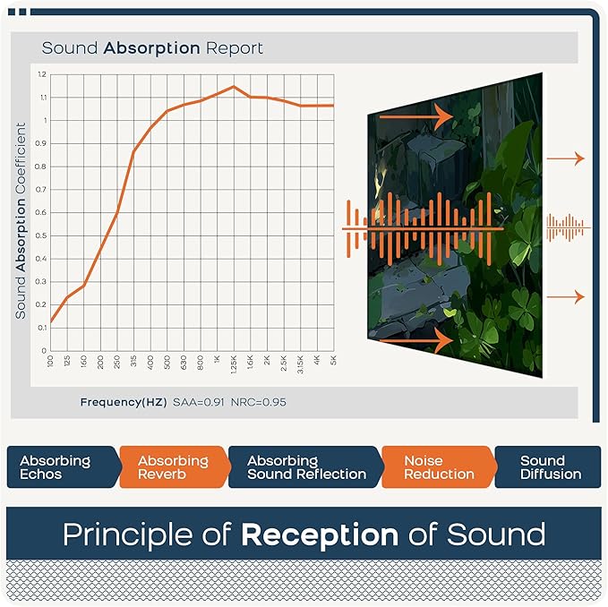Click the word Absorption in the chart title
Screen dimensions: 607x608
coord(151,47)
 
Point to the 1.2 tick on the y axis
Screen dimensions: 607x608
coord(42,73)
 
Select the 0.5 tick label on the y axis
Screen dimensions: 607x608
coord(42,235)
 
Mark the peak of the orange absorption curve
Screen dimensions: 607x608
coord(233,87)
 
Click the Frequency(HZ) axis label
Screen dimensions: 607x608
coord(122,402)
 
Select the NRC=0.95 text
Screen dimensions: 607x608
coord(259,402)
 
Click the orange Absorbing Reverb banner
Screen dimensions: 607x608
coord(173,466)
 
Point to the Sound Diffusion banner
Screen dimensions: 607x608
coord(550,466)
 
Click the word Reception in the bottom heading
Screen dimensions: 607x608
coord(319,534)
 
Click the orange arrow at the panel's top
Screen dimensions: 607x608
coord(415,115)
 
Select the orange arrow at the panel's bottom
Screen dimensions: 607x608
coord(415,340)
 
